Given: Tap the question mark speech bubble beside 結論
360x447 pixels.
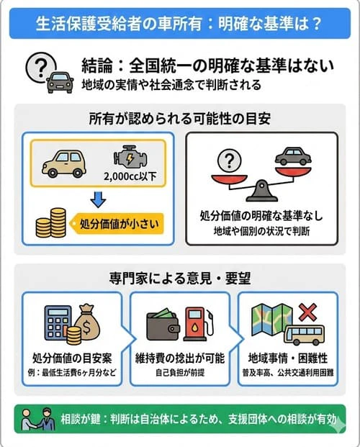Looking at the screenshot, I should pos(37,66).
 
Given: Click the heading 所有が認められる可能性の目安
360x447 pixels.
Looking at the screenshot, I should pos(180,118).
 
